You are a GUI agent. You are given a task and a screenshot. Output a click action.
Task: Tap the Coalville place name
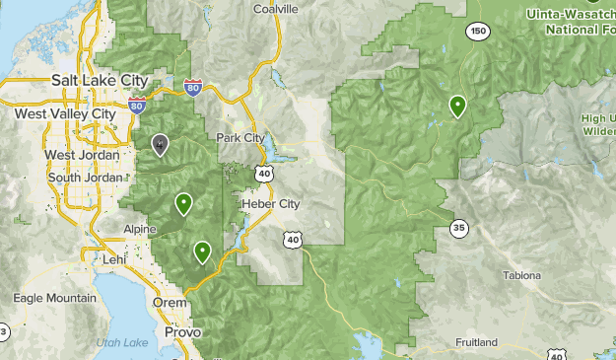(x=275, y=8)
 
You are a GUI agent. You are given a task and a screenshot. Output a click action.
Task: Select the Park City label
(x=241, y=138)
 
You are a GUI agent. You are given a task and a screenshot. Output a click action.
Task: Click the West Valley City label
(x=65, y=113)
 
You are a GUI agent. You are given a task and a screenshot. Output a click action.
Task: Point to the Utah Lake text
(x=123, y=342)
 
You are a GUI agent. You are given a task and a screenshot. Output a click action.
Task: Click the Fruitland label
(x=476, y=342)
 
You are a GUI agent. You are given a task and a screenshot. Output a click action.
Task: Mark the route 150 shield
(x=479, y=33)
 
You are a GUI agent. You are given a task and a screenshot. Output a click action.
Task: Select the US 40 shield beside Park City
(x=263, y=174)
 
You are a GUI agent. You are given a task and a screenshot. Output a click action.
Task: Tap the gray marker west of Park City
(x=160, y=145)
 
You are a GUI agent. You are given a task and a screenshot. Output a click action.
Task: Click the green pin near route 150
(x=457, y=105)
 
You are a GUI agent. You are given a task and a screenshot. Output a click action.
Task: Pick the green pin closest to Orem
(x=202, y=252)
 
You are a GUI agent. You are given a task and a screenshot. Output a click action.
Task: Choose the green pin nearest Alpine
(x=183, y=203)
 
